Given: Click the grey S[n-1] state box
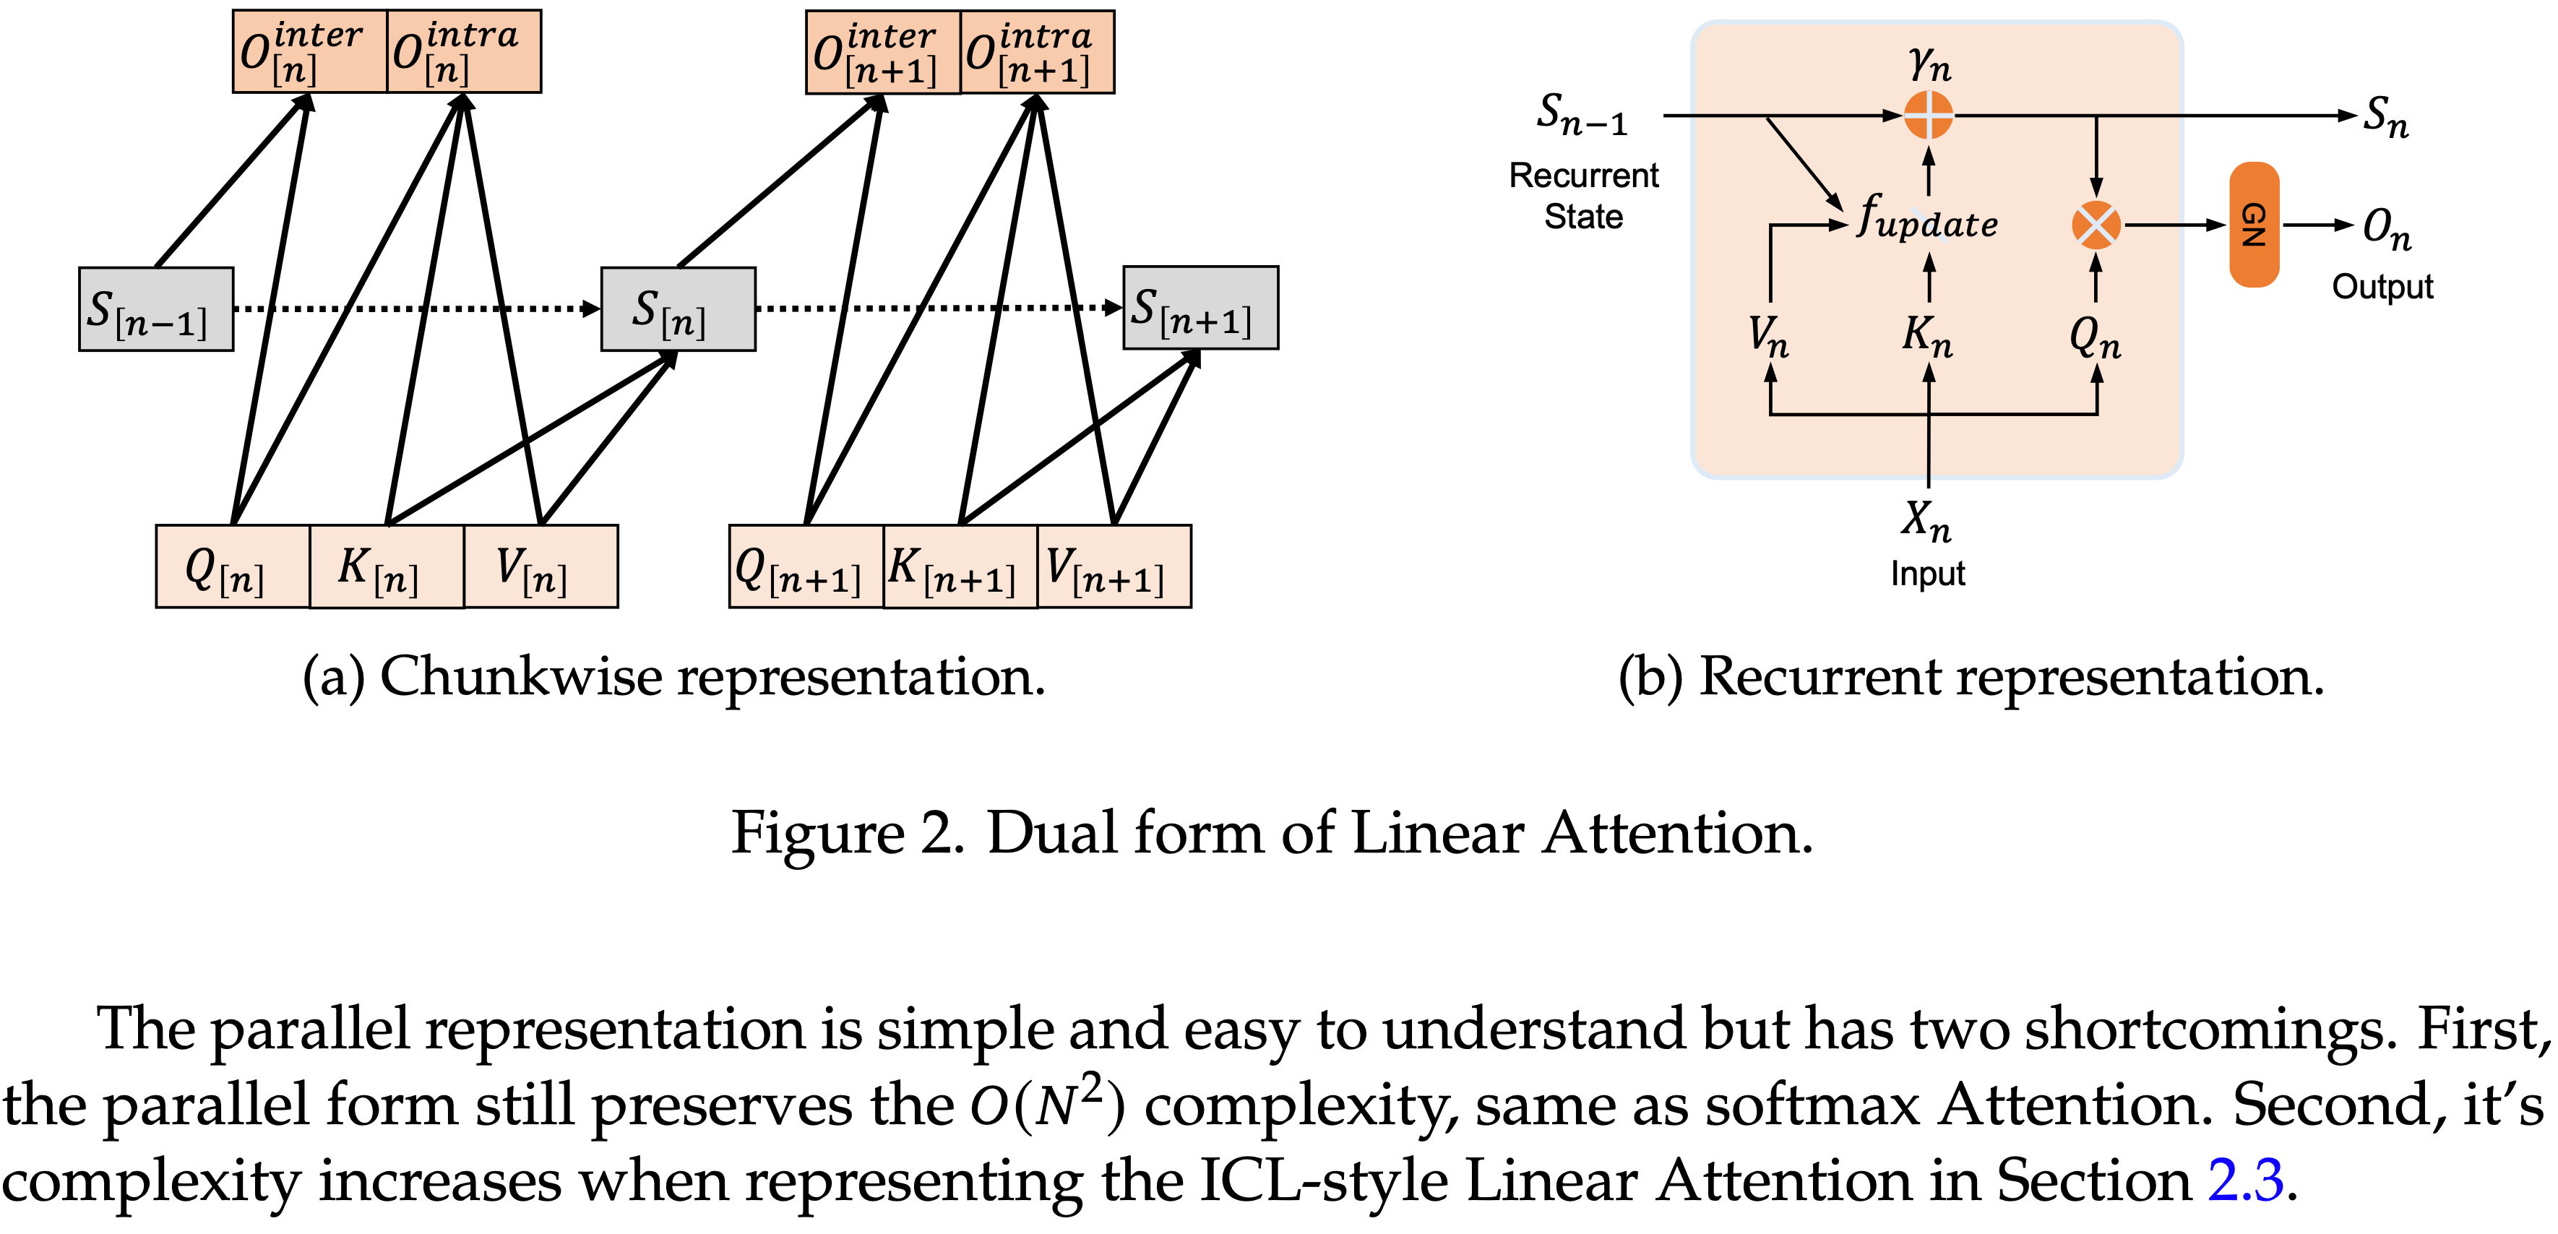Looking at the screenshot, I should tap(156, 308).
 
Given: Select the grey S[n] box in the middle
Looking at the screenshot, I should tap(679, 308).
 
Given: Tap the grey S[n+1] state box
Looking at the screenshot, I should tap(1200, 308).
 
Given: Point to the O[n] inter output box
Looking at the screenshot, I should tap(309, 51).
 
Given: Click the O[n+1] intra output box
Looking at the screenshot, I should tap(1037, 51).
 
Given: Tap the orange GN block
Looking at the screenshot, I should tap(2254, 225).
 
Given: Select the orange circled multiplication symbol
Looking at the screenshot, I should tap(2096, 225).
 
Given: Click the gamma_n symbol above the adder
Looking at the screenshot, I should tap(1929, 64).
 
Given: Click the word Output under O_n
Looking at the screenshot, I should tap(2382, 287).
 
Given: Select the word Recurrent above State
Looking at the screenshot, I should tap(1583, 176).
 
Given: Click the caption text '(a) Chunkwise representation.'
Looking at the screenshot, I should tap(673, 677).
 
